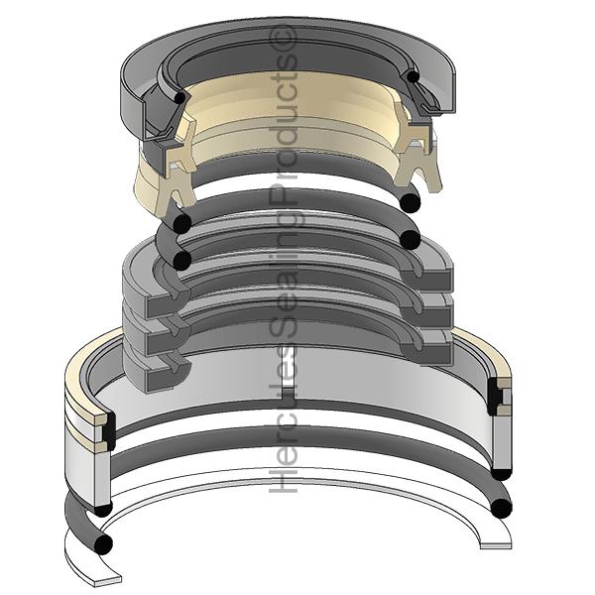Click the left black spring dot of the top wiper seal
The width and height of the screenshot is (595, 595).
179,97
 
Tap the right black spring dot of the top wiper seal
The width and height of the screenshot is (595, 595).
413,76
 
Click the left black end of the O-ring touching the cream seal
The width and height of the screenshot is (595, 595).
182,224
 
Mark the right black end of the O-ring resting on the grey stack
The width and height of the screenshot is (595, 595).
410,240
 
